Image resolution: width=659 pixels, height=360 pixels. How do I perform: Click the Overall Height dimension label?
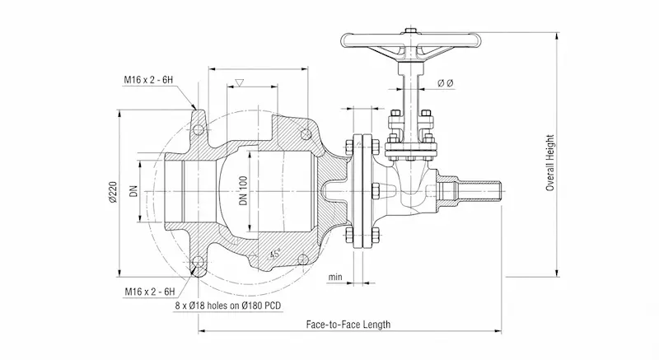pos(550,163)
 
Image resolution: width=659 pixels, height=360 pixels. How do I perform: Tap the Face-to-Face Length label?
pos(348,325)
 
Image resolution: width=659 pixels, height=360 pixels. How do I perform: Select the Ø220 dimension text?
pos(113,193)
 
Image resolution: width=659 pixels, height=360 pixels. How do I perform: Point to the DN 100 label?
pos(243,191)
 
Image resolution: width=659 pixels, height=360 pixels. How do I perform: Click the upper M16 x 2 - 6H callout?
pos(148,80)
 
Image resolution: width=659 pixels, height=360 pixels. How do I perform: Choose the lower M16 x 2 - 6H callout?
pos(150,292)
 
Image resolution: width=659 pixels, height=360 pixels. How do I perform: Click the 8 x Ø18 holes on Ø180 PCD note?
pos(228,306)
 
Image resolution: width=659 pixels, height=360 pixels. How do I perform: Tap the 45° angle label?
pos(275,254)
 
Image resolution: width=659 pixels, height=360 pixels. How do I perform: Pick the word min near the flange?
pos(335,277)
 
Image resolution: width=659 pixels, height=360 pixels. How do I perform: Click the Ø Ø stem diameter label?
pos(446,83)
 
